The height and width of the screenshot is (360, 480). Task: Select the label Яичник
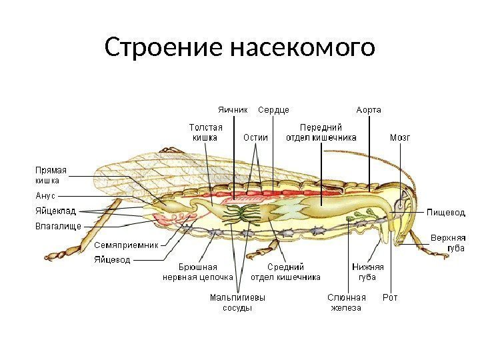233,109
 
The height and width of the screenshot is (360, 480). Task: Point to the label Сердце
273,109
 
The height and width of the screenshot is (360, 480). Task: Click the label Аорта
369,109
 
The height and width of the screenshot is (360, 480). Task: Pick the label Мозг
400,138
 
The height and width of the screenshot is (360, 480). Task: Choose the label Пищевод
445,212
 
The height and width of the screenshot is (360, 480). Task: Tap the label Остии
255,138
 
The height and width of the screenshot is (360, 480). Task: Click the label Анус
45,196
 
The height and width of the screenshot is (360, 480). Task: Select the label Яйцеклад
55,211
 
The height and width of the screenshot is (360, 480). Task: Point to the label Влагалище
57,226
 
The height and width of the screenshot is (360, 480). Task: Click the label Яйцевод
112,259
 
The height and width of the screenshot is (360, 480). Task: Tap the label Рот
390,297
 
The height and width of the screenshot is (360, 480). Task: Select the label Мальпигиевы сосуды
237,303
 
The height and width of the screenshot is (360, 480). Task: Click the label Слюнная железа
347,303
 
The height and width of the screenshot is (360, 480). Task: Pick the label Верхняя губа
448,243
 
